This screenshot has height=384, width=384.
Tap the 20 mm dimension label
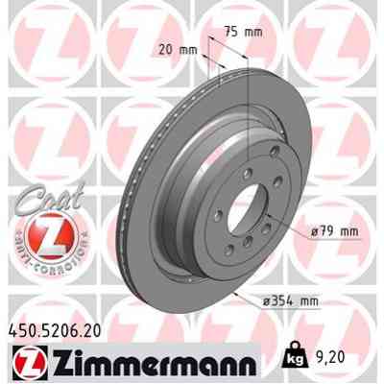click(180, 49)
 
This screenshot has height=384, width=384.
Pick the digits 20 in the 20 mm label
click(170, 49)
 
